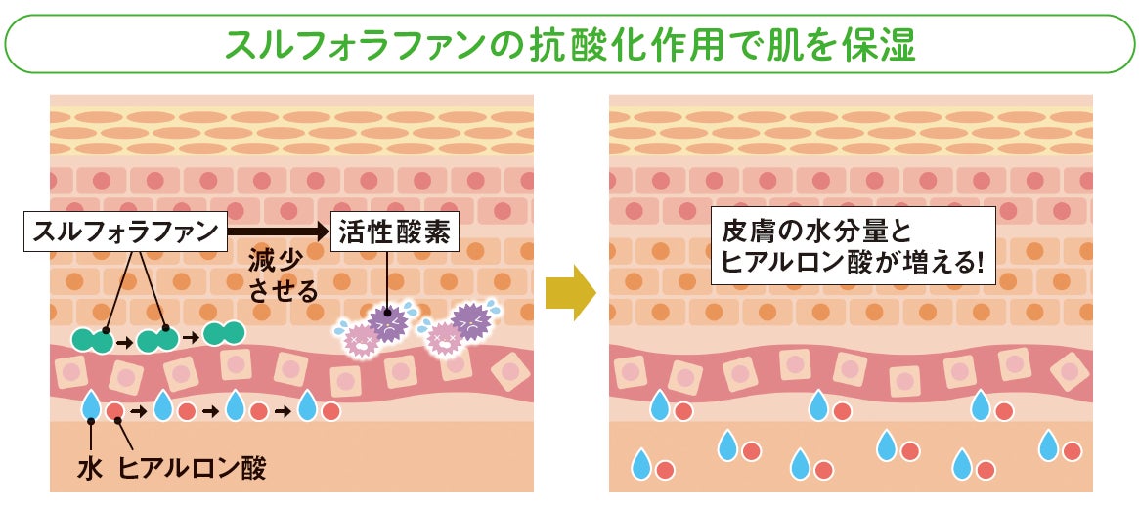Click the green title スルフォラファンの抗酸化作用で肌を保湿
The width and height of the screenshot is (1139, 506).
570,44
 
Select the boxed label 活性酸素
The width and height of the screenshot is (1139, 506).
381,231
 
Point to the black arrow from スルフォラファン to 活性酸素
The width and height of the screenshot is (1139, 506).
278,232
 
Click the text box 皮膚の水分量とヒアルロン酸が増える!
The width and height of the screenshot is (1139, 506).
852,245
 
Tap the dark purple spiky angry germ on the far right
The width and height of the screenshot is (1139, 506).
471,319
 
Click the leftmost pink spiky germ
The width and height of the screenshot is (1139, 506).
361,340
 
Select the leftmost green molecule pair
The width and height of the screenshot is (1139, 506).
92,340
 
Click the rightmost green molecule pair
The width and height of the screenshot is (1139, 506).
224,332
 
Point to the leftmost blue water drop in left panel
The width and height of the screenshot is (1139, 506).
91,404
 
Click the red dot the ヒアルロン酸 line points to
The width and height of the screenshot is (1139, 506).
115,410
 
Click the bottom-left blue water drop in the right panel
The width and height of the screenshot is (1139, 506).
641,465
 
